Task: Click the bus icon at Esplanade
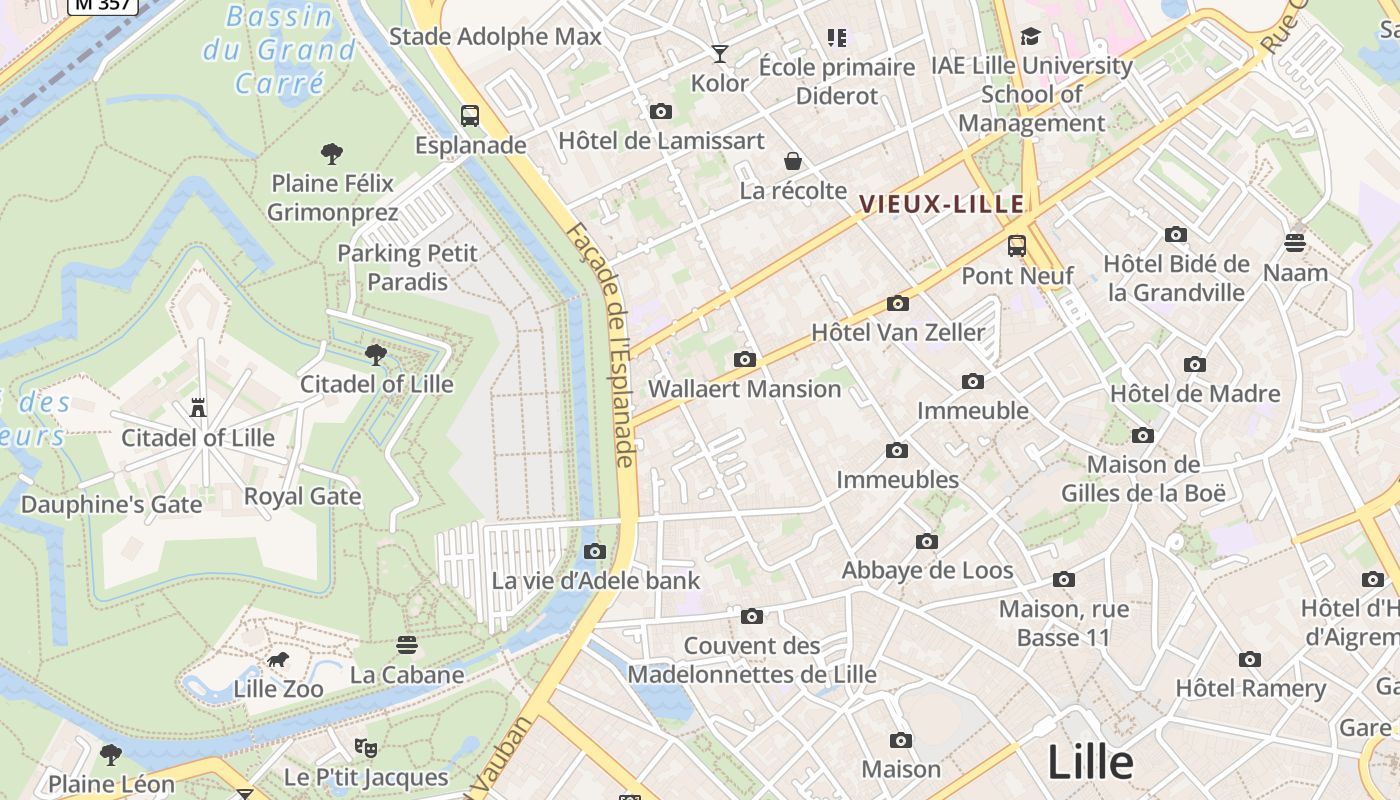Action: (x=470, y=115)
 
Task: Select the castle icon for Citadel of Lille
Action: (x=198, y=407)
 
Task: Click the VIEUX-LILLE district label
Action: (x=942, y=205)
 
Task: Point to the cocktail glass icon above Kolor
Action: (x=719, y=53)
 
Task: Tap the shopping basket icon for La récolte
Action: (x=792, y=161)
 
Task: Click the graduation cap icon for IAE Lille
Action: (x=1030, y=37)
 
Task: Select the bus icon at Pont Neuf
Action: (x=1017, y=245)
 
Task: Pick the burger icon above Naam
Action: (x=1295, y=243)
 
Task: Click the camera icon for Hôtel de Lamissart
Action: (x=660, y=112)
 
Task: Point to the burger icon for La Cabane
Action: (x=406, y=645)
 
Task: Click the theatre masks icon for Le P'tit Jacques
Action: (x=366, y=747)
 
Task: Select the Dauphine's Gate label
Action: (x=112, y=504)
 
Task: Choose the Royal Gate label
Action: (x=302, y=496)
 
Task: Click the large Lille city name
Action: (x=1090, y=763)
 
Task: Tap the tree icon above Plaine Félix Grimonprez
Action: (x=332, y=153)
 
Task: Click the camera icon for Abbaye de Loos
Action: (x=927, y=542)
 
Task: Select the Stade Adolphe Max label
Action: (x=495, y=37)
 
